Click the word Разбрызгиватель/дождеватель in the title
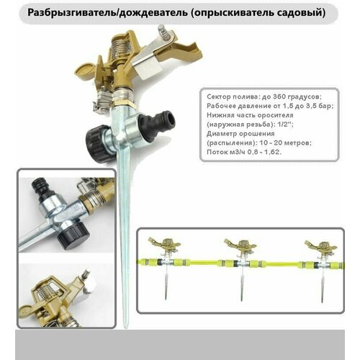[107, 13]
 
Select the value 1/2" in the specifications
[285, 125]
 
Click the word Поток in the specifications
[216, 152]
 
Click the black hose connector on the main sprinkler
[162, 123]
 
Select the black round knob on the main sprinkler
[97, 143]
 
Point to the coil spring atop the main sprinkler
[120, 51]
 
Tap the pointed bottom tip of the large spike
[125, 328]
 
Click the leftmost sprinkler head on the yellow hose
[165, 245]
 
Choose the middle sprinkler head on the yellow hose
[240, 246]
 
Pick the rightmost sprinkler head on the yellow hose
[321, 246]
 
